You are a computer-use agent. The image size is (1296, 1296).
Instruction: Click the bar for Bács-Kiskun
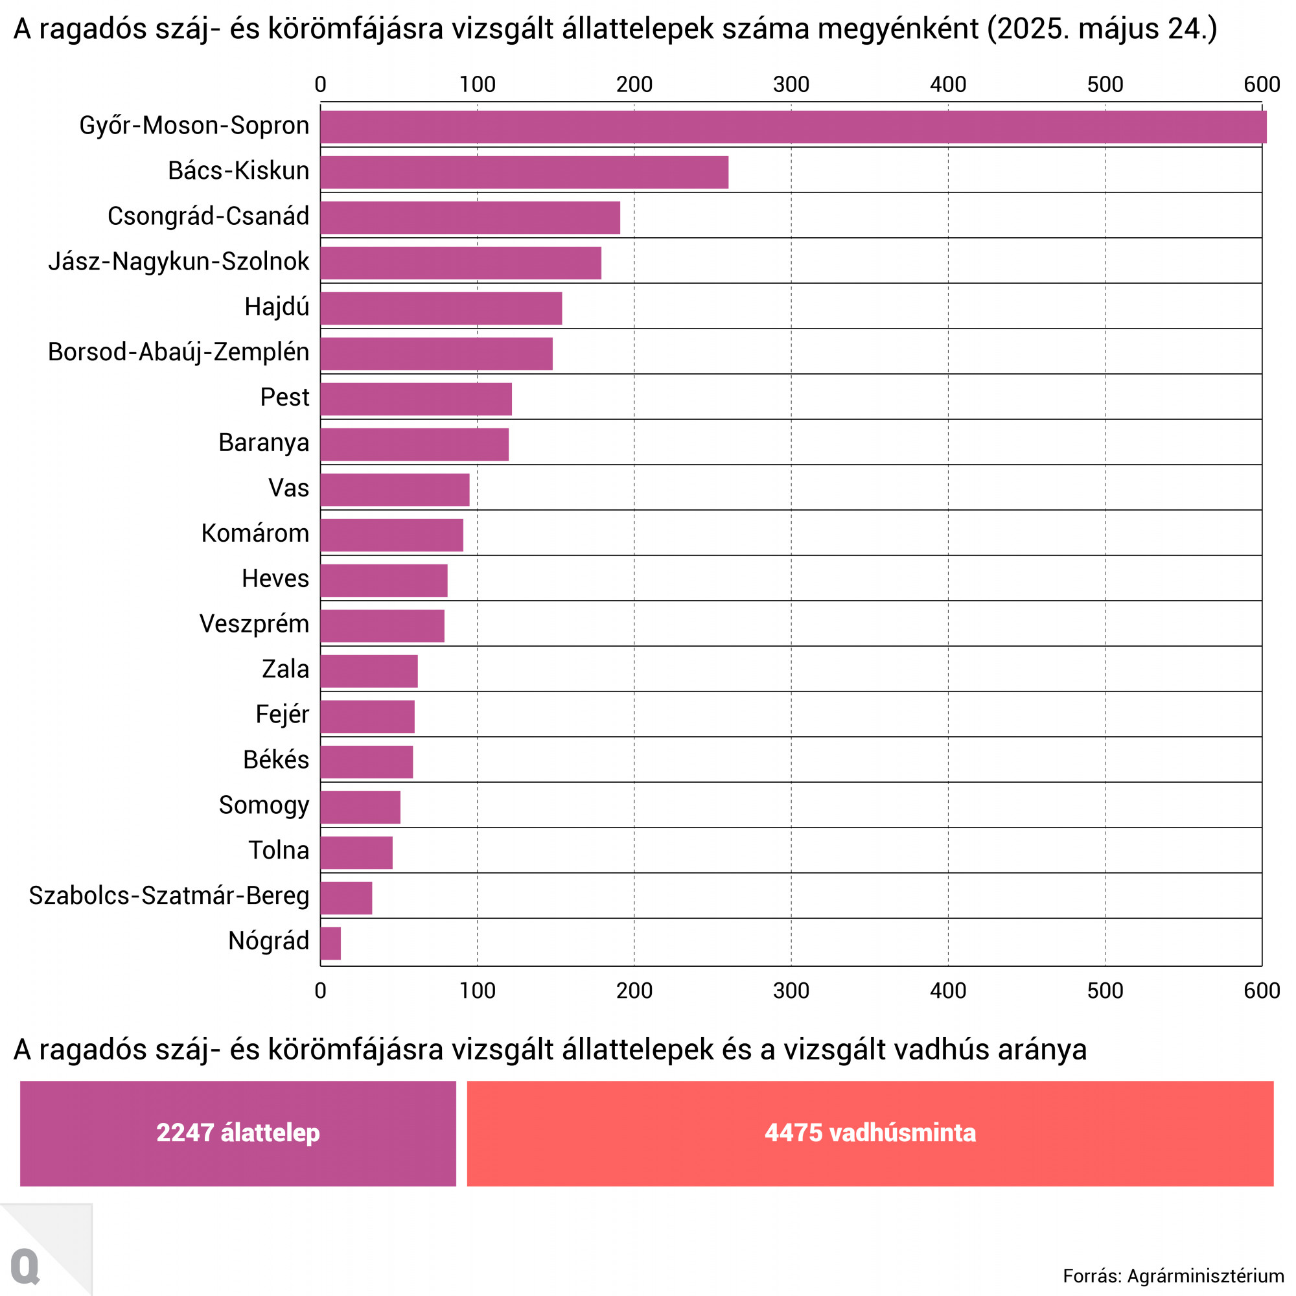coord(524,172)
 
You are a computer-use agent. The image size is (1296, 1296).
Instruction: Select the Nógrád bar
coord(330,943)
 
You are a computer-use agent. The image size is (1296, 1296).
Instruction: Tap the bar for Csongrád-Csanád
coord(470,217)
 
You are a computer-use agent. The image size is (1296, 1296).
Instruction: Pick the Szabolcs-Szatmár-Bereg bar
coord(346,898)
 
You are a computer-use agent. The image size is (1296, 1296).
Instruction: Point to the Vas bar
coord(395,490)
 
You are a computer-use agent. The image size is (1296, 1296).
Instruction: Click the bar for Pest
coord(416,399)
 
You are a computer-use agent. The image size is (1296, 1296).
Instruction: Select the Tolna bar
coord(356,853)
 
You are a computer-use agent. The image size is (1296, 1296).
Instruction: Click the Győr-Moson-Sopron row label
coord(194,126)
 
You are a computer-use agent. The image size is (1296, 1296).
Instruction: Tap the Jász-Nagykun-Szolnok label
coord(178,262)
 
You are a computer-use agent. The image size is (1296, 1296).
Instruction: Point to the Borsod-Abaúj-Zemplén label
coord(178,352)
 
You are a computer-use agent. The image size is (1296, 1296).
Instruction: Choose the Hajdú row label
coord(277,307)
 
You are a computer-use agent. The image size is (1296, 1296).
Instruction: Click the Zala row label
coord(285,669)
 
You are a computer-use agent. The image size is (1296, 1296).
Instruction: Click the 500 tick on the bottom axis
coord(1105,991)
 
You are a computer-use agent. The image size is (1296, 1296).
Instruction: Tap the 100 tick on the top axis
coord(477,84)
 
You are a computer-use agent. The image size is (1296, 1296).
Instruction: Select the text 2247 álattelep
coord(238,1133)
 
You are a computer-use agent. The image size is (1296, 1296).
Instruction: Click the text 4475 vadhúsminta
coord(870,1133)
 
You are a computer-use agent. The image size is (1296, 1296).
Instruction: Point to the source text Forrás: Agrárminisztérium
coord(1174,1276)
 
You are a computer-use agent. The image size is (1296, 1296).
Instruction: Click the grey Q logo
coord(25,1266)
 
